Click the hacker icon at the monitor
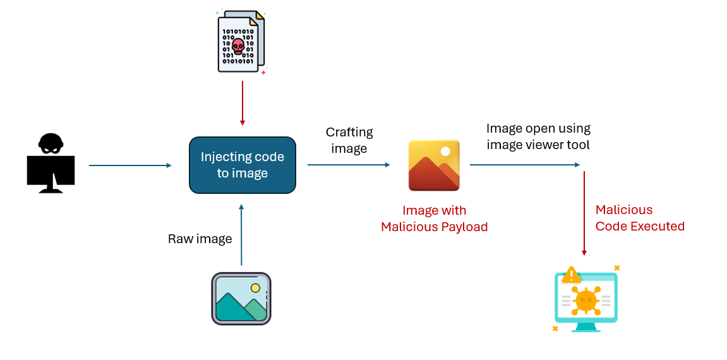[51, 162]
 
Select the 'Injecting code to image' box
[243, 165]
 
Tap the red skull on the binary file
[238, 45]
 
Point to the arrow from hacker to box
[129, 165]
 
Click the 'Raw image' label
[200, 239]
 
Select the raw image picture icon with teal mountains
[241, 299]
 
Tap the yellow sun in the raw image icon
[255, 288]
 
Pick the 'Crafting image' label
[349, 140]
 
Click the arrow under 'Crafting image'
[349, 164]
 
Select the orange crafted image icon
[434, 165]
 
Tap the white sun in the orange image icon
[446, 152]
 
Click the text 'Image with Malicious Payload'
[435, 219]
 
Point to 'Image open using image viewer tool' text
[538, 136]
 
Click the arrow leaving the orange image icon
[524, 164]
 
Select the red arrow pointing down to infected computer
[584, 212]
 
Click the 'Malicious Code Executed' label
[639, 218]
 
